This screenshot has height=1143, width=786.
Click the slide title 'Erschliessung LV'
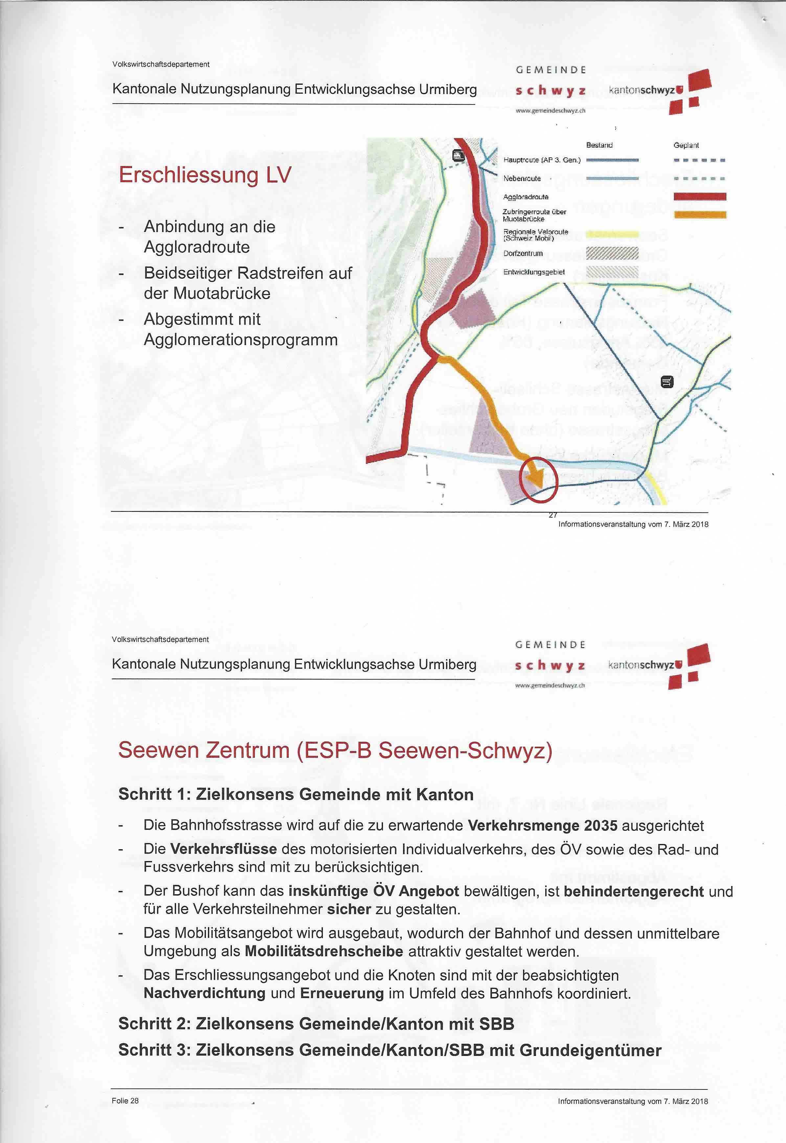pos(205,175)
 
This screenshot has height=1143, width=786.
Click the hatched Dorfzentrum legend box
pos(612,253)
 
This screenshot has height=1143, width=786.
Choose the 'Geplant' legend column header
pos(686,145)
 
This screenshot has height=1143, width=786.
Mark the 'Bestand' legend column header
pos(599,145)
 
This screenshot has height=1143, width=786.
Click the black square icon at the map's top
pos(459,156)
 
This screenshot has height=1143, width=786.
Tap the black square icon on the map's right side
pos(667,382)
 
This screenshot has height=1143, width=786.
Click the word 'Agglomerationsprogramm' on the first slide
pos(241,340)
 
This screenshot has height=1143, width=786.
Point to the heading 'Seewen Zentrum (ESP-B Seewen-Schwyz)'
pos(335,750)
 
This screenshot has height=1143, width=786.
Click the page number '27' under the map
pos(552,515)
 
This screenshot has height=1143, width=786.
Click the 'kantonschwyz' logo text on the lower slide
pos(641,665)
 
